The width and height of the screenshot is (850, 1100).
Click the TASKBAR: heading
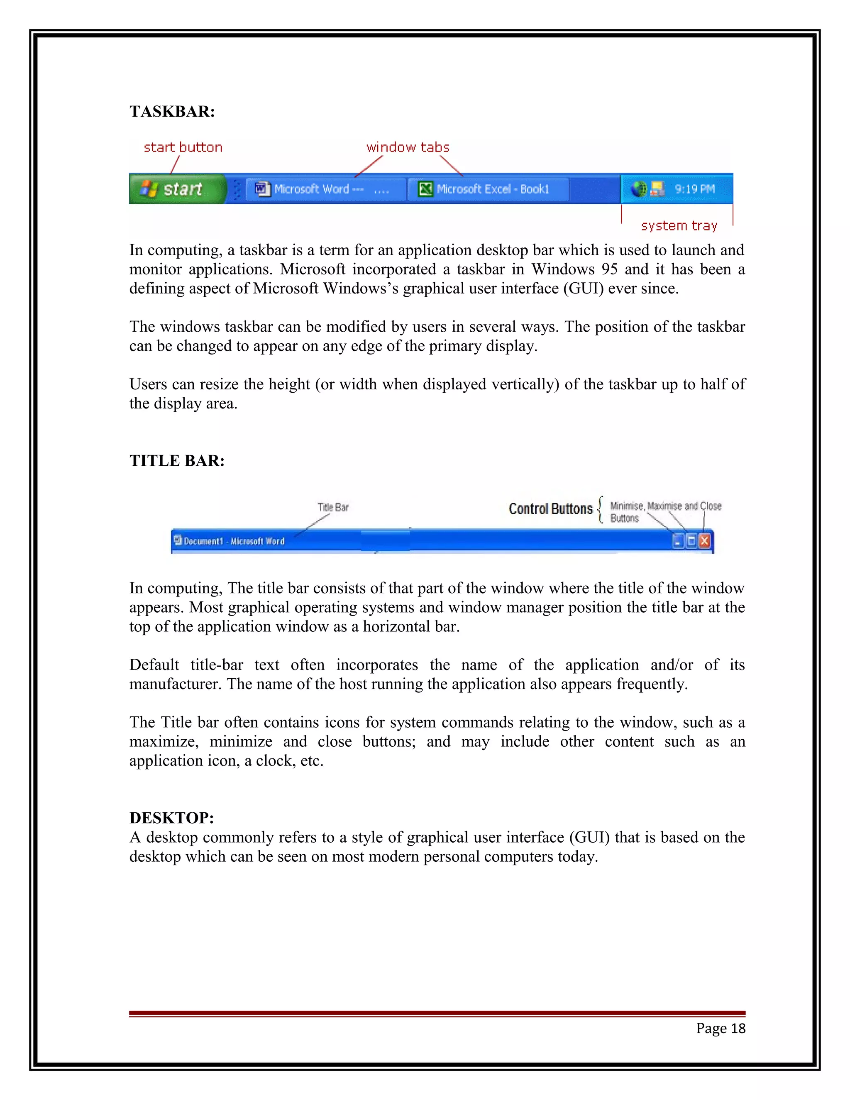[172, 111]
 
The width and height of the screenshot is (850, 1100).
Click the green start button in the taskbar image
[177, 189]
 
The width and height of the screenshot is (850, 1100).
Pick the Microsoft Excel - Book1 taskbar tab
[487, 189]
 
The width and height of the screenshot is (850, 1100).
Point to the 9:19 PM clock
[694, 189]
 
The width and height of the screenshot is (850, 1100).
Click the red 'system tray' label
[679, 226]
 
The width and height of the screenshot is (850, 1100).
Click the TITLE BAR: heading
[177, 460]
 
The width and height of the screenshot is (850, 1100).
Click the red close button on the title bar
[704, 541]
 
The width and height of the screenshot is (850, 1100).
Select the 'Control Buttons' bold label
[550, 509]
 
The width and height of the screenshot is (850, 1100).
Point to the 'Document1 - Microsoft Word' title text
[234, 541]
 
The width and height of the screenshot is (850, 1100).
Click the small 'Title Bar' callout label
[333, 507]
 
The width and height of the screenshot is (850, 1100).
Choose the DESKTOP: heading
[172, 817]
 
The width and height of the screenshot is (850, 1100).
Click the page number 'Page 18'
[721, 1028]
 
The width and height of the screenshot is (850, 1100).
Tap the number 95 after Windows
[609, 269]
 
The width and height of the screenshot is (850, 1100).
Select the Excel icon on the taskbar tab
[425, 189]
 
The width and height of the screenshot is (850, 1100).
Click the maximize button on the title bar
[691, 541]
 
